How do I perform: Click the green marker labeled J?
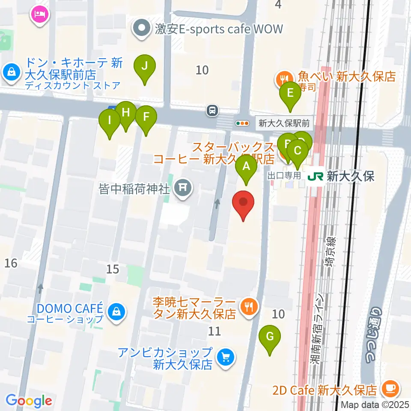tap(145, 67)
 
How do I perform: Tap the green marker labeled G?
tap(270, 337)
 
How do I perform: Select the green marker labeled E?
tap(290, 93)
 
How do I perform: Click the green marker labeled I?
tap(110, 120)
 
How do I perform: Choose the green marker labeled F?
tap(146, 116)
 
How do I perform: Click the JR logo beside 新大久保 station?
tap(315, 176)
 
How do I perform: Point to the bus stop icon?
tap(212, 111)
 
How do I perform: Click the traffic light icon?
tap(242, 123)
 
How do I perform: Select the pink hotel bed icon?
tap(40, 14)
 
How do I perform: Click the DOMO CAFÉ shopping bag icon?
tap(116, 312)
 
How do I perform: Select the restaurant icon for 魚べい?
tap(283, 77)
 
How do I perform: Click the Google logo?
tap(29, 401)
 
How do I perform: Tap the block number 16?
tap(11, 263)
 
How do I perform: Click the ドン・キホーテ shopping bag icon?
tap(11, 71)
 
